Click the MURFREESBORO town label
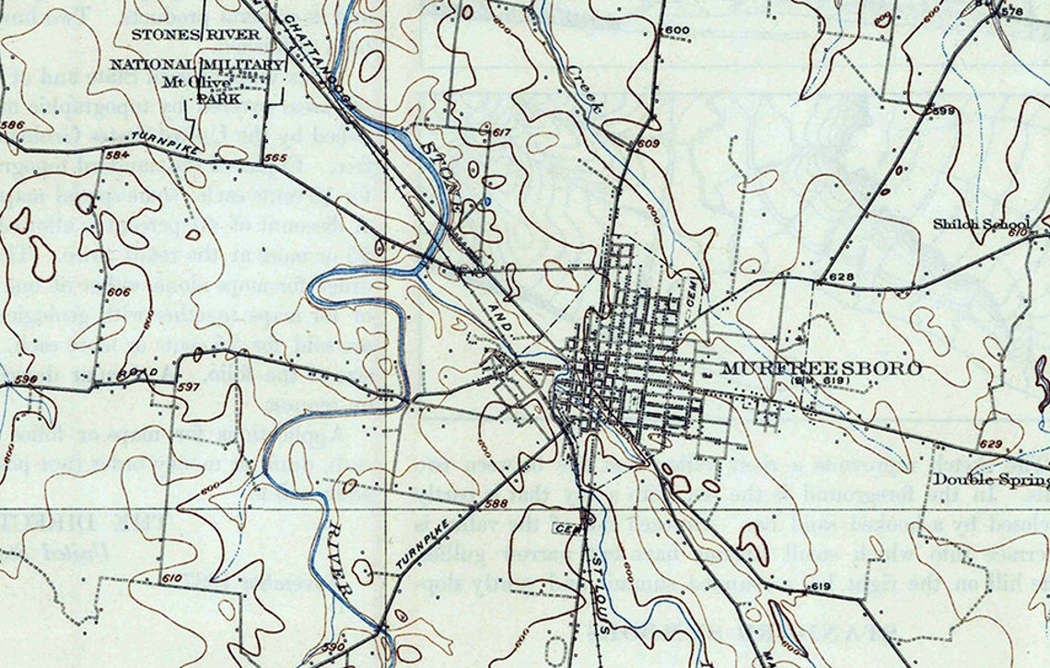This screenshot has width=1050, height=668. coord(821,369)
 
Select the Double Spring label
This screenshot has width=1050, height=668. coord(991,479)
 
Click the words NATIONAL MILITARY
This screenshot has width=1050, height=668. coord(197,64)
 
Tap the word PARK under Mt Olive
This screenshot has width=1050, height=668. coord(217,98)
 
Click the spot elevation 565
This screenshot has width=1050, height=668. coord(274,158)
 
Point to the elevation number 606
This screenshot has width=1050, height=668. coord(119,292)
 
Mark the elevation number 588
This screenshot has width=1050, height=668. coord(496,503)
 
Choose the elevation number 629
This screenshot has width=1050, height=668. coord(990,445)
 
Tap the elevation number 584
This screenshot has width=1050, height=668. coord(117,154)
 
